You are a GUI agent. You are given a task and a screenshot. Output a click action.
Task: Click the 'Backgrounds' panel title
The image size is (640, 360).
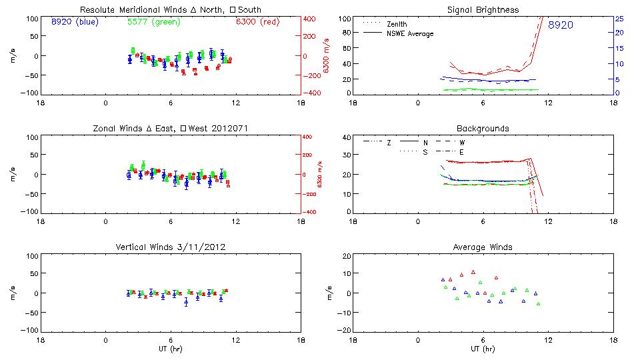pyautogui.click(x=483, y=128)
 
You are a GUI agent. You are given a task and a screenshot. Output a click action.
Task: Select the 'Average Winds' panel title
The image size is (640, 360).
pyautogui.click(x=483, y=247)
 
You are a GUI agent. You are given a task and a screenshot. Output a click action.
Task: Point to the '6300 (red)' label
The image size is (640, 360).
pyautogui.click(x=257, y=21)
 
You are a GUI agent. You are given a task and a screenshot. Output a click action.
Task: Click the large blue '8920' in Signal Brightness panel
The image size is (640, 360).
pyautogui.click(x=561, y=25)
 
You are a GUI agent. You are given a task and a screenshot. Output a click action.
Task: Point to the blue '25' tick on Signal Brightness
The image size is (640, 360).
pyautogui.click(x=619, y=19)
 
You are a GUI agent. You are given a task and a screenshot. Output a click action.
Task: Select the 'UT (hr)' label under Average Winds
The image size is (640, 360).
pyautogui.click(x=483, y=349)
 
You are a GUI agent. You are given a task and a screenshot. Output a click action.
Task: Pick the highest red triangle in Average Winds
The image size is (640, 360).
pyautogui.click(x=473, y=272)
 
